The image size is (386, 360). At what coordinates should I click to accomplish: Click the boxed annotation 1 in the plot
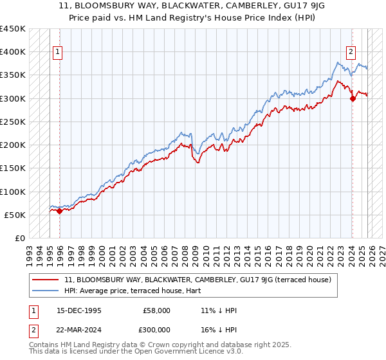[58, 53]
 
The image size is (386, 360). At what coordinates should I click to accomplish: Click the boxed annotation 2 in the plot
[351, 53]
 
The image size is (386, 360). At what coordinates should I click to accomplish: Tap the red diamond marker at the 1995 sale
[59, 211]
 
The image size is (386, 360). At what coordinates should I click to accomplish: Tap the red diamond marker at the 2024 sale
[353, 98]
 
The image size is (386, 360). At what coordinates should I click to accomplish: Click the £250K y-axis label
[13, 122]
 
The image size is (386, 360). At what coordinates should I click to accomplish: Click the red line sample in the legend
[46, 280]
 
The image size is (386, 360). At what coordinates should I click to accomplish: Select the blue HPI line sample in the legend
[46, 290]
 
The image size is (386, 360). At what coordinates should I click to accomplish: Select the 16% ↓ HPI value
[219, 329]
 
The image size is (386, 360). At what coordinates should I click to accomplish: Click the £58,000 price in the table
[156, 310]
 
